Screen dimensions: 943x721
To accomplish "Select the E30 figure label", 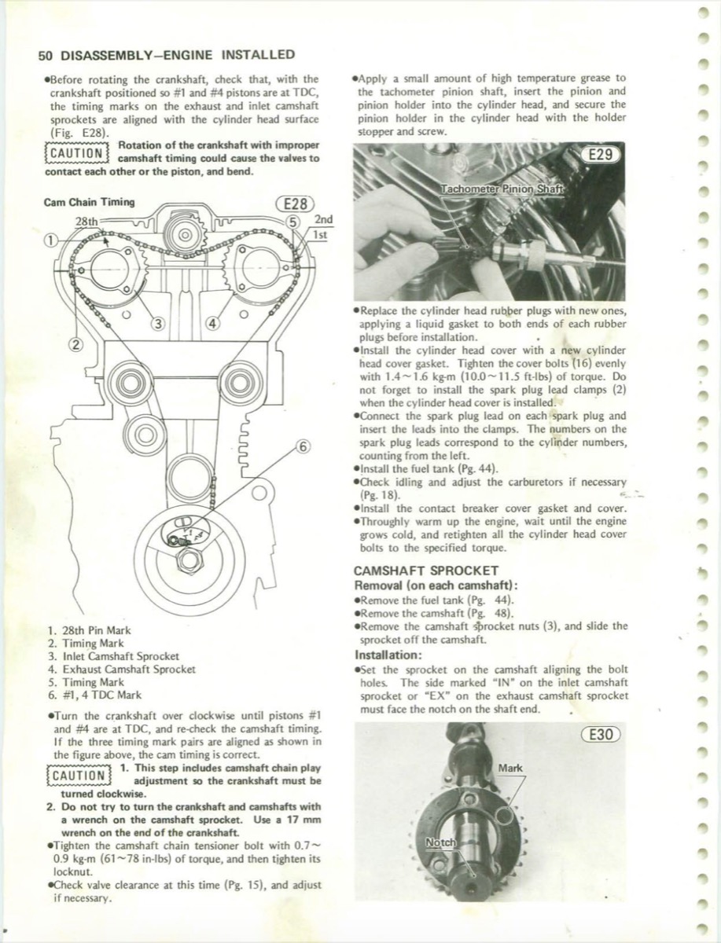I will pyautogui.click(x=599, y=736).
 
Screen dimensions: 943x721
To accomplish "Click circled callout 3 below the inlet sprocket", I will pyautogui.click(x=159, y=323).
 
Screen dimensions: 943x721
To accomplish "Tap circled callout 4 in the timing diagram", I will pyautogui.click(x=213, y=323).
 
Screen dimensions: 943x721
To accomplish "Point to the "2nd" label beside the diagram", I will pyautogui.click(x=323, y=219).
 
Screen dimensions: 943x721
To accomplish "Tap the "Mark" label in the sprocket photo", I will pyautogui.click(x=510, y=768).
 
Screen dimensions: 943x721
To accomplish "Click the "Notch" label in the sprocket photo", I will pyautogui.click(x=440, y=843).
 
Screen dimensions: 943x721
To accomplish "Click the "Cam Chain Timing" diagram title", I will pyautogui.click(x=90, y=201).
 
